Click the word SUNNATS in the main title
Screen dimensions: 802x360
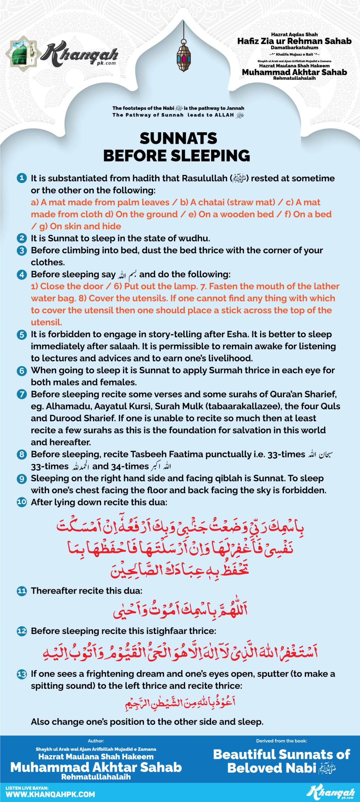(178, 138)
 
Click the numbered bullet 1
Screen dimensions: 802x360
(22, 178)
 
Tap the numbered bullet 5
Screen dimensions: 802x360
(22, 335)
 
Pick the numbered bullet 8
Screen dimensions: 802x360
(22, 454)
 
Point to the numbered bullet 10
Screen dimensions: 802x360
(22, 502)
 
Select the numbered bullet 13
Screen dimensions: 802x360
(22, 674)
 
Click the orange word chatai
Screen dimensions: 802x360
(211, 202)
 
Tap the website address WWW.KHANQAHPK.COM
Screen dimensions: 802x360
(50, 794)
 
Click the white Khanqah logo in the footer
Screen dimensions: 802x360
(331, 792)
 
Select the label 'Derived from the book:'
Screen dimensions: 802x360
(281, 741)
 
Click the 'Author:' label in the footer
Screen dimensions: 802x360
(96, 741)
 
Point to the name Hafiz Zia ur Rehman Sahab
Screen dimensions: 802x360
(294, 41)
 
